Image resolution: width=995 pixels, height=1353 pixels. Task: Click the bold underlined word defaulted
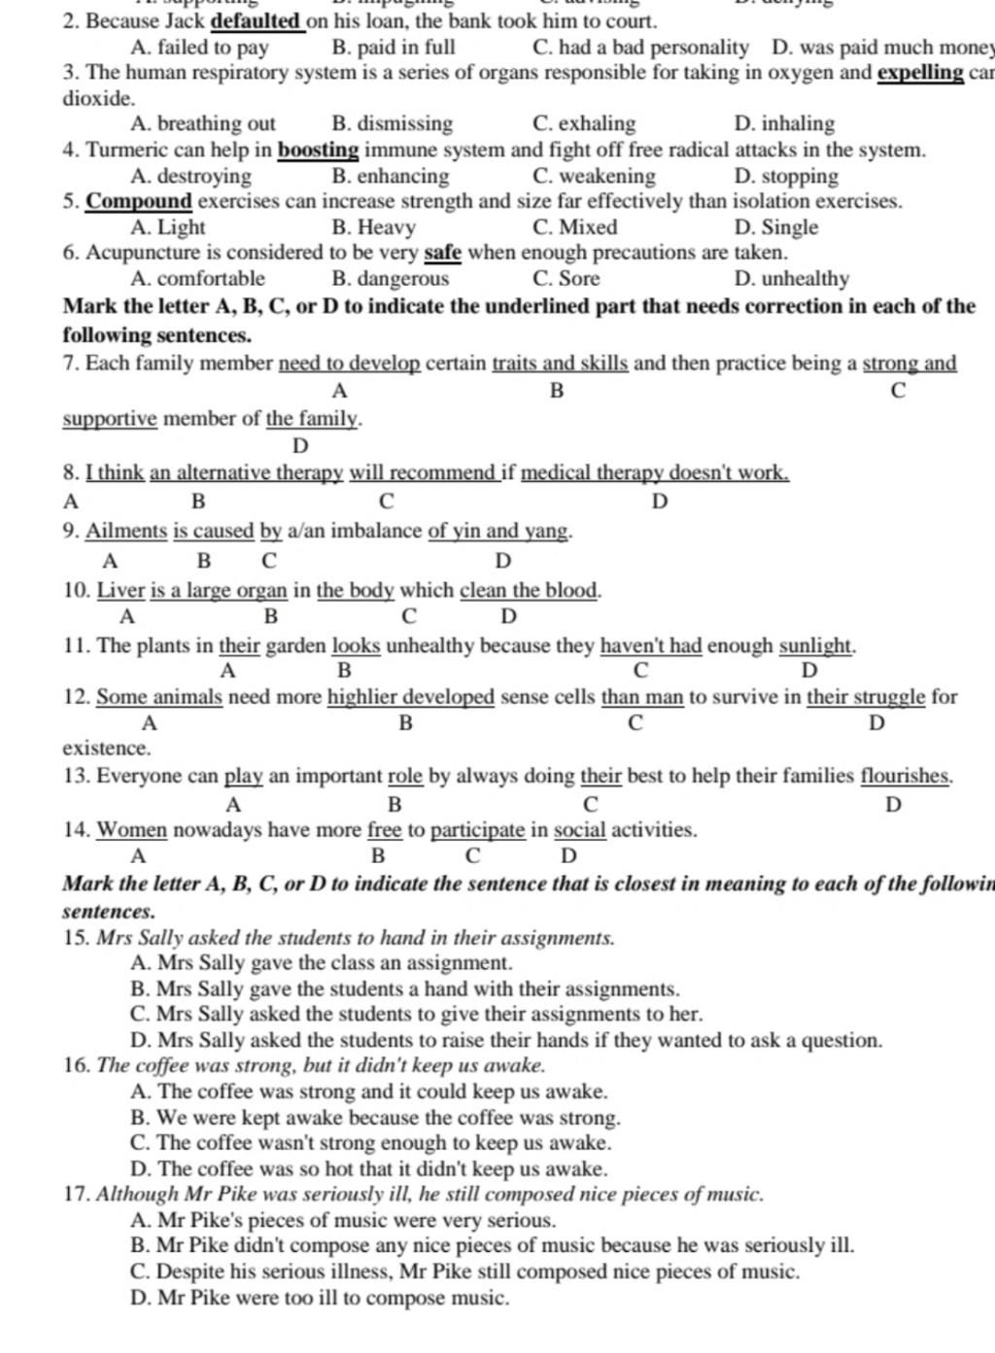[x=257, y=20]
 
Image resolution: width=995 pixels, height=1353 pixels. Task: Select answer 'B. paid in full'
[x=393, y=47]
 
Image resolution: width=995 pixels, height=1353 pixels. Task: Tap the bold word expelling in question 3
[x=919, y=73]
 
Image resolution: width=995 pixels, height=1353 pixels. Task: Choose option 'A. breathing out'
[x=202, y=123]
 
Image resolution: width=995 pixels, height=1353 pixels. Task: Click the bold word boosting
[x=319, y=150]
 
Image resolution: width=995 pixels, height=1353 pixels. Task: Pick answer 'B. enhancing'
[x=390, y=176]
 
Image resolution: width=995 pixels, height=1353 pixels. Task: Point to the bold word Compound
[x=139, y=201]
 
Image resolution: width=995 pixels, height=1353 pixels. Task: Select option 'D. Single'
[x=776, y=227]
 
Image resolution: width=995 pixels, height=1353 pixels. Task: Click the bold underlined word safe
[x=442, y=253]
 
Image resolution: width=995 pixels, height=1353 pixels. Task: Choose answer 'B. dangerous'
[x=390, y=279]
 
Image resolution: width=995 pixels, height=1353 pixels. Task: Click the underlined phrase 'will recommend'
[x=424, y=473]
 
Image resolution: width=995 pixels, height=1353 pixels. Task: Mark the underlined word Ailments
[x=126, y=532]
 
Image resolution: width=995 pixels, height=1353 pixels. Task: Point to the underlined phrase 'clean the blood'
[x=530, y=590]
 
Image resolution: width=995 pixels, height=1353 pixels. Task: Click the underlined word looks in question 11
[x=356, y=645]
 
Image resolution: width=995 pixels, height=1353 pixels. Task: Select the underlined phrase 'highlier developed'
[x=410, y=697]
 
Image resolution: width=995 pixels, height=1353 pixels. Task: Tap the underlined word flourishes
[x=905, y=776]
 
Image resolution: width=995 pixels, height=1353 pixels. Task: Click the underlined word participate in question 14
[x=477, y=830]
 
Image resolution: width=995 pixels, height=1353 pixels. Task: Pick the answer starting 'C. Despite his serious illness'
[x=464, y=1271]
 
